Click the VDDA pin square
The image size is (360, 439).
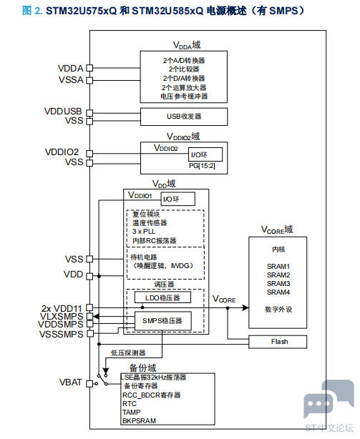click(x=89, y=68)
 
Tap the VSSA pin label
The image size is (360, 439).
click(x=71, y=80)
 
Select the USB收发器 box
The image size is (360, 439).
click(x=184, y=117)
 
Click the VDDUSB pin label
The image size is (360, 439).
click(x=63, y=112)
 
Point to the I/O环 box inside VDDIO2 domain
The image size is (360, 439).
click(x=205, y=154)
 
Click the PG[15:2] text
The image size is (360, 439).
click(x=202, y=166)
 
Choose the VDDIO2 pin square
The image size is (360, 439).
click(x=89, y=154)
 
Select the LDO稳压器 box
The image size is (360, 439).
click(x=162, y=297)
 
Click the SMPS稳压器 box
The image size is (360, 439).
click(x=162, y=321)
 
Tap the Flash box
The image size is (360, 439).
click(x=278, y=342)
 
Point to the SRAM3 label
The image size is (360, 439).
click(x=278, y=284)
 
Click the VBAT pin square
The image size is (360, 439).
click(x=89, y=383)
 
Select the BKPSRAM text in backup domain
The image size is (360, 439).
click(x=139, y=421)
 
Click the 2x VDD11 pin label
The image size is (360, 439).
click(x=62, y=309)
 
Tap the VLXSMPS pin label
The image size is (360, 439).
click(x=62, y=316)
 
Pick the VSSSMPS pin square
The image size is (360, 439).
click(x=89, y=333)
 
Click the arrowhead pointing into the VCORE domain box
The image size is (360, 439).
click(x=245, y=307)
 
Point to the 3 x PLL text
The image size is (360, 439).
click(x=144, y=232)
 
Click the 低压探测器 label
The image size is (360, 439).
click(x=128, y=353)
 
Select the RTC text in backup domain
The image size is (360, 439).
click(x=129, y=404)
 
